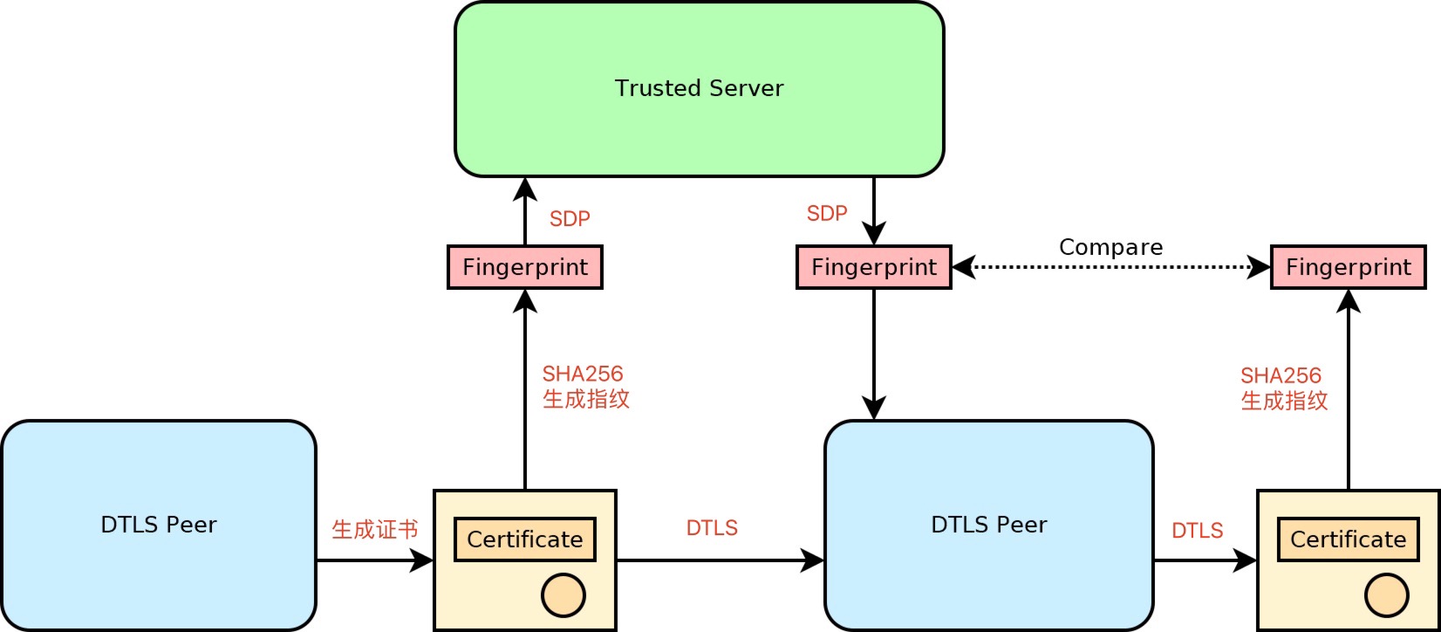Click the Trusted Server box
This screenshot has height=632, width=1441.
coord(699,89)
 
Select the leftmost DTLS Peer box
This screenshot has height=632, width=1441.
coord(159,525)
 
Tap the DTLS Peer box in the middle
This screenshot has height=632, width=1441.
coord(988,525)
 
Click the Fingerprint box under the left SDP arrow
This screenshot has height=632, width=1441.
coord(524,267)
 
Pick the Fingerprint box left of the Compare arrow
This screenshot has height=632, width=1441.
coord(873,267)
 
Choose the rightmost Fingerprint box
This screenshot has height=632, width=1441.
coord(1348,267)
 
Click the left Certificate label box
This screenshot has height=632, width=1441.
coord(524,539)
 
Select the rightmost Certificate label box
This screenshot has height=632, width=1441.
coord(1348,539)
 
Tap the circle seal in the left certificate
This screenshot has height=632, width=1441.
coord(563,595)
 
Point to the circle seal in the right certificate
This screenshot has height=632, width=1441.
coord(1386,595)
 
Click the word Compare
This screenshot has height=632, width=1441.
coord(1110,247)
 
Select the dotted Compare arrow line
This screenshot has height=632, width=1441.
coord(1110,267)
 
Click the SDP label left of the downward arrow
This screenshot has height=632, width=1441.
coord(827,214)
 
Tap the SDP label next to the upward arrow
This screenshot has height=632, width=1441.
coord(570,219)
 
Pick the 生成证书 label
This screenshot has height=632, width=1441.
coord(374,529)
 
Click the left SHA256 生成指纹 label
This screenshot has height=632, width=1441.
coord(585,387)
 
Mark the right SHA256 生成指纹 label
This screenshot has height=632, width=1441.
coord(1283,388)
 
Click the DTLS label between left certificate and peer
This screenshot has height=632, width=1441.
coord(712,528)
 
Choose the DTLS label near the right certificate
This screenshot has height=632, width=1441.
coord(1197,531)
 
